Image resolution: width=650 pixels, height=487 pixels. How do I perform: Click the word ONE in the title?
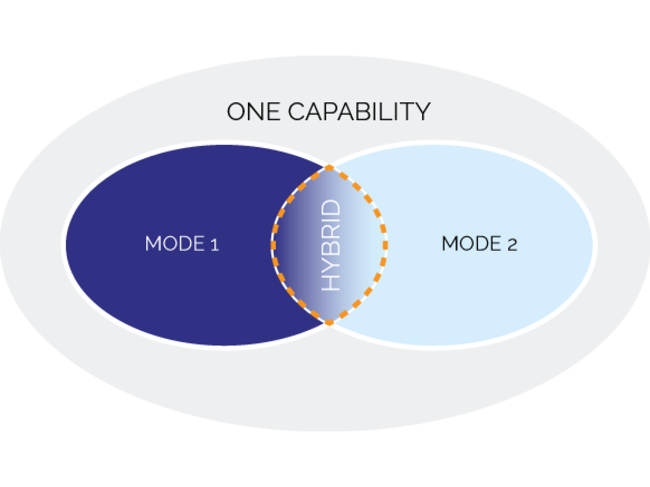coord(253,112)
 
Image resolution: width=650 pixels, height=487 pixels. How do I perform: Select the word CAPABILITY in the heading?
coord(359,112)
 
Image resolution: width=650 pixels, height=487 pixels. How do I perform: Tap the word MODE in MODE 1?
coord(175,243)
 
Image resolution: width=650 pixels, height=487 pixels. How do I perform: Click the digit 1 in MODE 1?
coord(214,244)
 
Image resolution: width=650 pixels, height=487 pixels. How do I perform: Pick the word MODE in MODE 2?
coord(471,243)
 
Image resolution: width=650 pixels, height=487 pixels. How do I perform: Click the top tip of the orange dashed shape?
coord(329,168)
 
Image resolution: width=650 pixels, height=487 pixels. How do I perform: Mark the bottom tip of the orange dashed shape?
coord(329,322)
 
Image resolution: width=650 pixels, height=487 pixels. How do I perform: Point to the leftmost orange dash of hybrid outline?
coord(273,245)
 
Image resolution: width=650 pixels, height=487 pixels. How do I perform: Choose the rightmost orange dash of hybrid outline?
coord(385,245)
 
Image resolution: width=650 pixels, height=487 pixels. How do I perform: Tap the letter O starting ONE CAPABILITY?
coord(236,112)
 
